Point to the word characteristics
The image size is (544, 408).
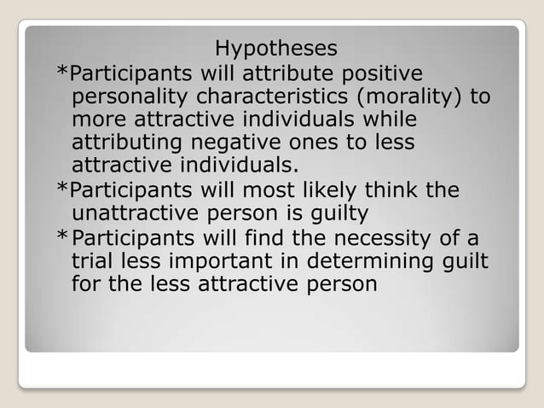[277, 96]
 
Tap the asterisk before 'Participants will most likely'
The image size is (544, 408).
[61, 190]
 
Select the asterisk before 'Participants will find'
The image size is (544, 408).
[61, 236]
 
